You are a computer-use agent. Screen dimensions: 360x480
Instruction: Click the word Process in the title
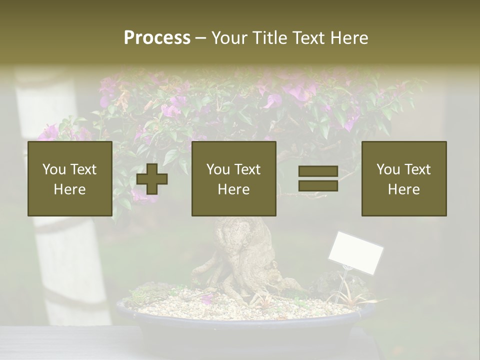[x=157, y=38]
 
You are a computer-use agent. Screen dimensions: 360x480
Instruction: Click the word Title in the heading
[x=271, y=38]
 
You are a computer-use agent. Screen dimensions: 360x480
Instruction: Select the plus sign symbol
[x=152, y=179]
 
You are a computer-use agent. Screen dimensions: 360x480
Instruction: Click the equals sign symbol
[x=318, y=178]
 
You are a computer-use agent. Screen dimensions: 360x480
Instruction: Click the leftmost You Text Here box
[x=70, y=178]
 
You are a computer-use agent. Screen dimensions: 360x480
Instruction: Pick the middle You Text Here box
[x=234, y=178]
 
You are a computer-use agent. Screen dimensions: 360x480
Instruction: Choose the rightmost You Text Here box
[x=404, y=178]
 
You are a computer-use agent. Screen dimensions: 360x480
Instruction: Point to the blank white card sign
[x=355, y=252]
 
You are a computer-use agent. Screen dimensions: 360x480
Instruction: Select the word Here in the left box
[x=69, y=189]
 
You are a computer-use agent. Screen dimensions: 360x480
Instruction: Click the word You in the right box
[x=387, y=169]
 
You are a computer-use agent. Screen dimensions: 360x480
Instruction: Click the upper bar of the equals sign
[x=318, y=171]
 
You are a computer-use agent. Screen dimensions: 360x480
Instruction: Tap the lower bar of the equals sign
[x=318, y=185]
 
